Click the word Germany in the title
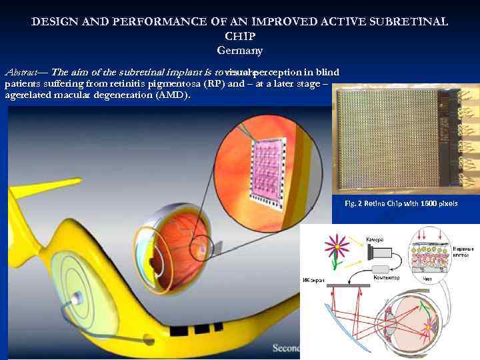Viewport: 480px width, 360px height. [x=240, y=51]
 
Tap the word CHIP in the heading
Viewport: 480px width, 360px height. [x=239, y=36]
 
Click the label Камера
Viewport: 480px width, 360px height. [x=373, y=239]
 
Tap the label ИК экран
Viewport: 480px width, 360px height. [x=314, y=281]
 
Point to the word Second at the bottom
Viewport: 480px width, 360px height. [x=286, y=348]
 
